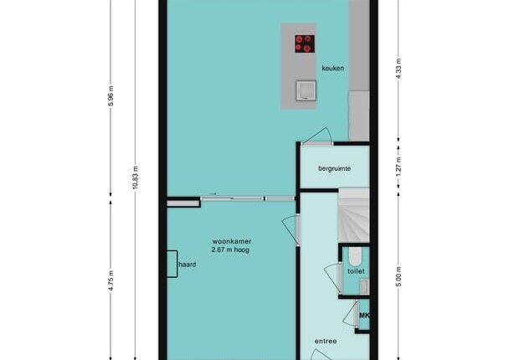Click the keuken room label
(x=332, y=68)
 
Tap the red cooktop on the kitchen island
(x=305, y=44)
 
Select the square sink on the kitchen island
(x=306, y=90)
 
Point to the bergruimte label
(x=334, y=169)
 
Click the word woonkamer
(x=232, y=241)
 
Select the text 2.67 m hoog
(x=230, y=250)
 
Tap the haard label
(x=188, y=265)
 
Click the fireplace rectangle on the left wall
(x=172, y=264)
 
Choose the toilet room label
(x=356, y=271)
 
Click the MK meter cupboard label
(x=364, y=315)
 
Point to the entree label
(x=326, y=342)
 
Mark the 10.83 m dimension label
(x=136, y=177)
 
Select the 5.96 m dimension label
(x=111, y=96)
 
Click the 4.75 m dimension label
(x=111, y=280)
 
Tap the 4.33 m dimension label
(x=399, y=69)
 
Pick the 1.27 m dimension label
(x=399, y=167)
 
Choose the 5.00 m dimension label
(x=399, y=276)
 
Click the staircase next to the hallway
(x=354, y=215)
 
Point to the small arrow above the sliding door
(x=213, y=194)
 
